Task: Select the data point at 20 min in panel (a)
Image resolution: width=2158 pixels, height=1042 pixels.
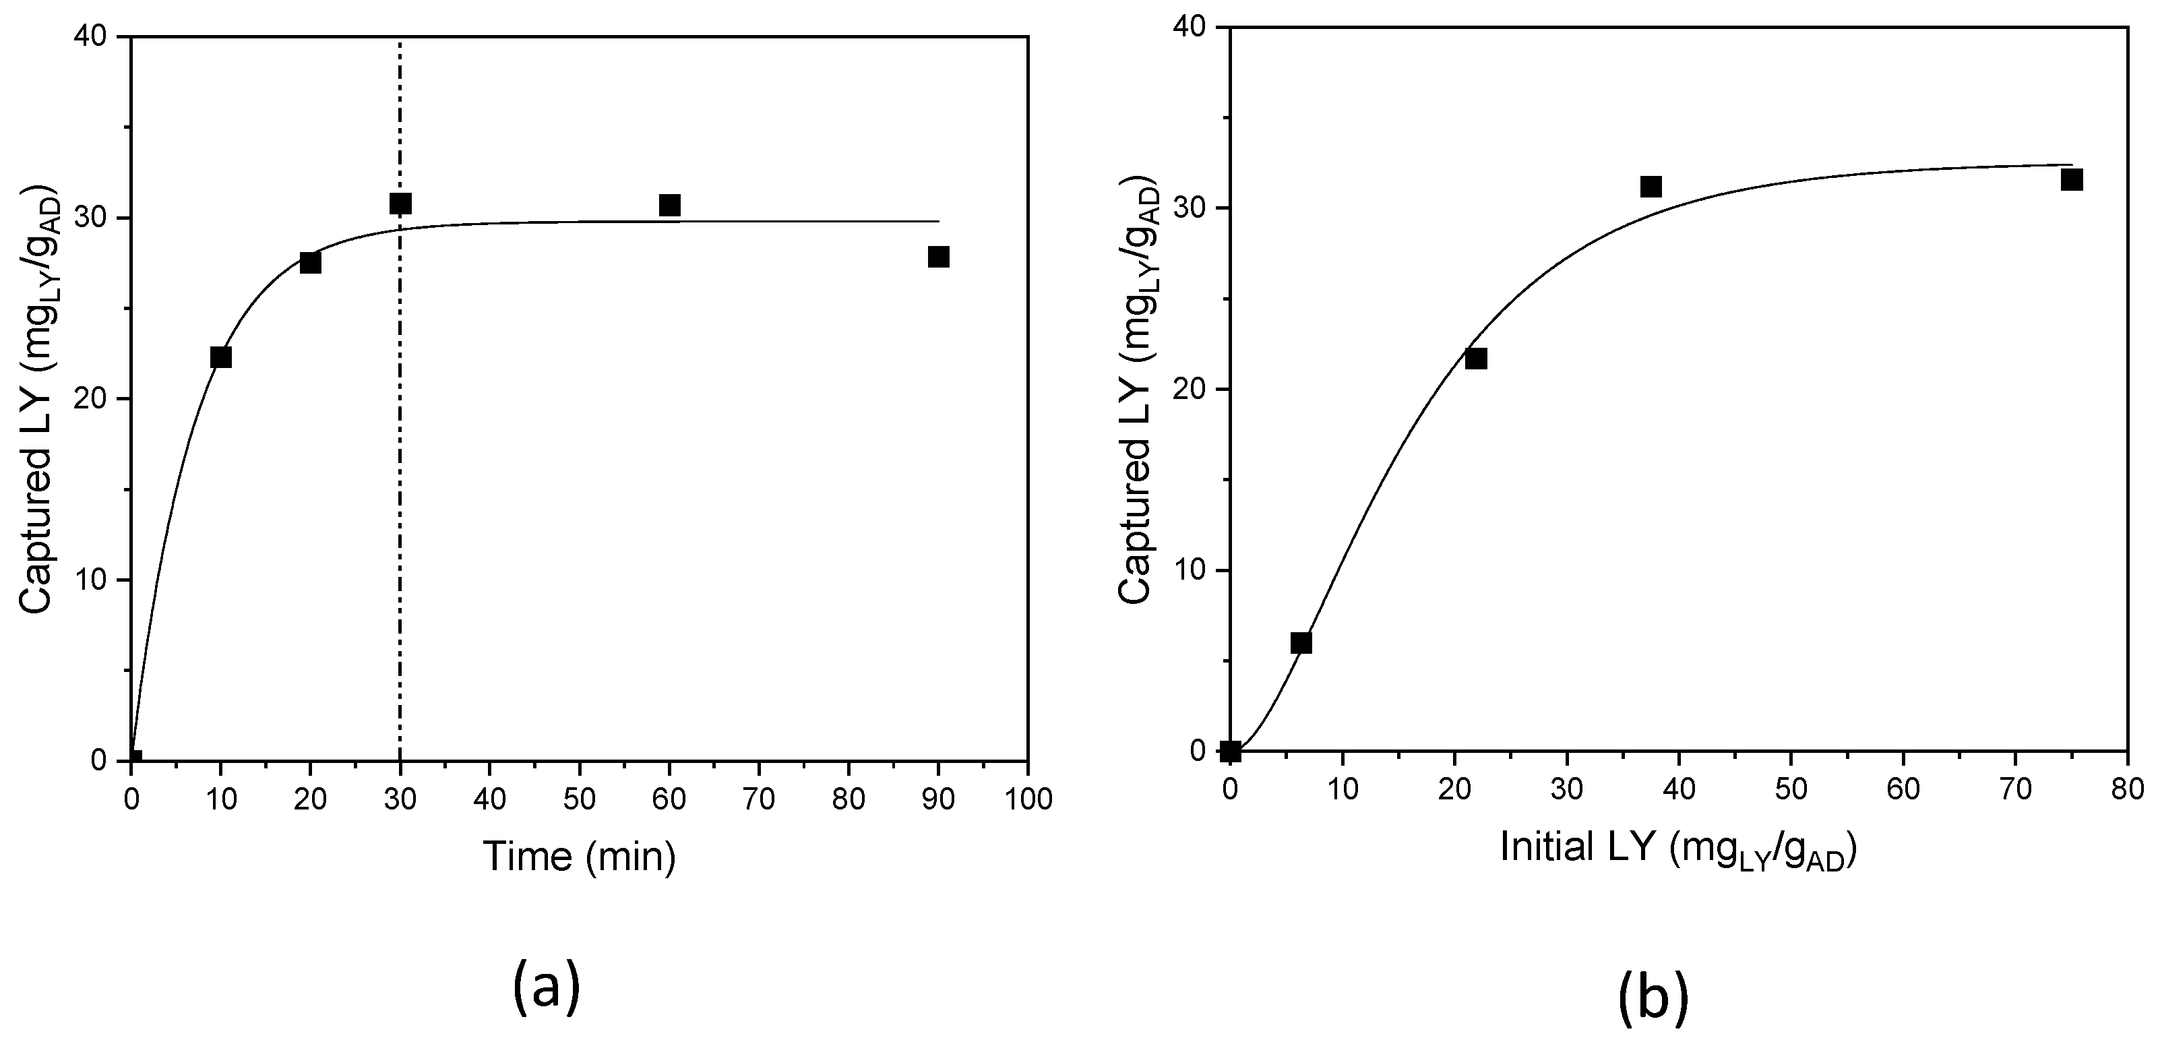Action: click(310, 263)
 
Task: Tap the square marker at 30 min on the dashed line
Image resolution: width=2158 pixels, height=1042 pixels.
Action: click(400, 204)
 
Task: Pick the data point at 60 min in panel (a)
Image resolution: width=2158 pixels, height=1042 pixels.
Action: click(669, 205)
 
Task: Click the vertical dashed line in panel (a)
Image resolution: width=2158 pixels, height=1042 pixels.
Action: click(400, 503)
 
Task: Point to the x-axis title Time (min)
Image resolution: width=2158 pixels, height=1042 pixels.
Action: click(580, 857)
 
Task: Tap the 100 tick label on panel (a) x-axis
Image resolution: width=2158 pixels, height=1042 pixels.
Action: click(1027, 799)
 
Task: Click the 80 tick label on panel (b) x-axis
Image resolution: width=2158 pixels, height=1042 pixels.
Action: click(2127, 790)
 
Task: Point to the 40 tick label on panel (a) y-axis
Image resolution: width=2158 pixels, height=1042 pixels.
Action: click(97, 37)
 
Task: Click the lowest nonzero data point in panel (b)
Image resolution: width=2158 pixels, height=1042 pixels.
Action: click(1301, 642)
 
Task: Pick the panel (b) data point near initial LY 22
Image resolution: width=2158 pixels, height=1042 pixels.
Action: click(1476, 359)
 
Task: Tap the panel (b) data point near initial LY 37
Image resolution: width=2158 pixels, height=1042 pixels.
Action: click(1651, 187)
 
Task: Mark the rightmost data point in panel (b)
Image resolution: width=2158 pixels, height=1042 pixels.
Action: click(2072, 180)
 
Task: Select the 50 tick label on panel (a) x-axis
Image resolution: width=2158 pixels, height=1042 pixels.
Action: click(579, 799)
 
